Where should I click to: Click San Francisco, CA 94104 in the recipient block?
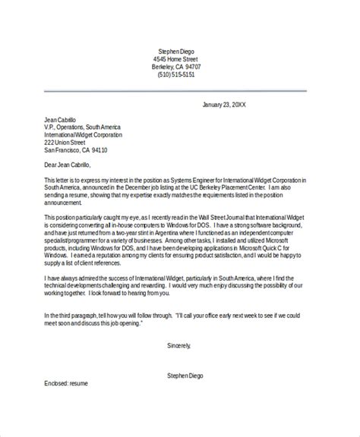[x=76, y=151]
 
